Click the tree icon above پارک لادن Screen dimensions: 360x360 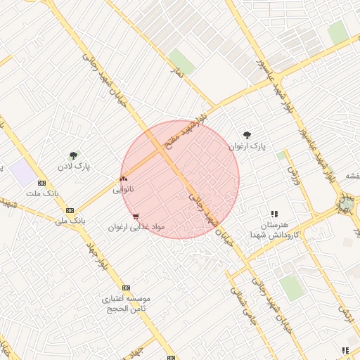[x=73, y=155]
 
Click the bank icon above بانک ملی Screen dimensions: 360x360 [x=70, y=210]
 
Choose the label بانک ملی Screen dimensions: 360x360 [x=70, y=221]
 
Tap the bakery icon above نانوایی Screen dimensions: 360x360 [x=123, y=179]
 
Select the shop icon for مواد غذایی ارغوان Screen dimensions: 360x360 [x=135, y=217]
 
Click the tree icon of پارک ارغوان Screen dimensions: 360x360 [x=246, y=134]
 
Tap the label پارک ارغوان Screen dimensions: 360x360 [x=248, y=146]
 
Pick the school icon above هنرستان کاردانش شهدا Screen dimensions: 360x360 [x=274, y=214]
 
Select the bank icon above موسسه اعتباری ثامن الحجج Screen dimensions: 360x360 [x=126, y=288]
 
